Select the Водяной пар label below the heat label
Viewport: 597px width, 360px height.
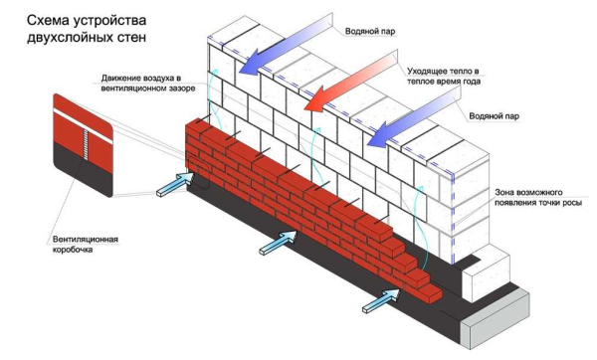(x=497, y=113)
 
